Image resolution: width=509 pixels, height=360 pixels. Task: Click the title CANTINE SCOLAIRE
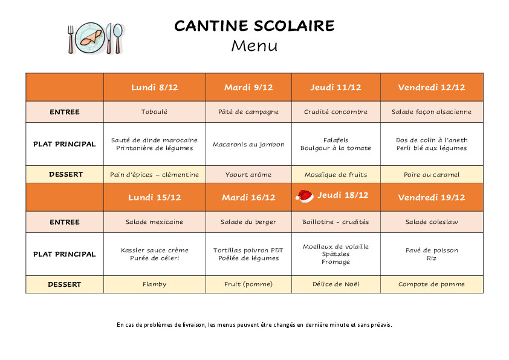pyautogui.click(x=254, y=26)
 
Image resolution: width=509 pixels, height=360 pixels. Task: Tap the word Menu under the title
pyautogui.click(x=254, y=45)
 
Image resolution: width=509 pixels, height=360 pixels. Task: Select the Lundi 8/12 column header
pyautogui.click(x=154, y=87)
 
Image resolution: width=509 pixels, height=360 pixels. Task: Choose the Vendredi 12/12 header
pyautogui.click(x=432, y=87)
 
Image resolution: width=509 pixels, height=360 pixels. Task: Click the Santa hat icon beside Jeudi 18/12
pyautogui.click(x=304, y=195)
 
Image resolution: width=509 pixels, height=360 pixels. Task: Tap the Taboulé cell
pyautogui.click(x=154, y=112)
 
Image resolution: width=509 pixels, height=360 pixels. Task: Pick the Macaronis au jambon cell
pyautogui.click(x=248, y=145)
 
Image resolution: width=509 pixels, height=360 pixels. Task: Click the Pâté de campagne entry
pyautogui.click(x=248, y=112)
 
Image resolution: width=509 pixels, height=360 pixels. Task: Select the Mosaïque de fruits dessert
pyautogui.click(x=336, y=175)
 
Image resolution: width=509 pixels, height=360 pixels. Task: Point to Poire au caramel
pyautogui.click(x=432, y=175)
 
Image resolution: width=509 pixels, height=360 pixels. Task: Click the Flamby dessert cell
pyautogui.click(x=154, y=284)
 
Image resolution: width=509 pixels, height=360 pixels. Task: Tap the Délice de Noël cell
pyautogui.click(x=336, y=284)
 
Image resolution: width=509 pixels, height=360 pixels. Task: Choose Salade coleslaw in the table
pyautogui.click(x=432, y=222)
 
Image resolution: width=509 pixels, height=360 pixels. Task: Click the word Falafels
pyautogui.click(x=336, y=140)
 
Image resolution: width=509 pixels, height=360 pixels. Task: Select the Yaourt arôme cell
pyautogui.click(x=248, y=175)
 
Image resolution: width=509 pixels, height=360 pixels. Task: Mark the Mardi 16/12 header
pyautogui.click(x=248, y=197)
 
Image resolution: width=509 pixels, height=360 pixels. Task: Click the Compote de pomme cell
pyautogui.click(x=432, y=284)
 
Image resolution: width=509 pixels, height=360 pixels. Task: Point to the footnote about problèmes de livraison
pyautogui.click(x=254, y=325)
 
